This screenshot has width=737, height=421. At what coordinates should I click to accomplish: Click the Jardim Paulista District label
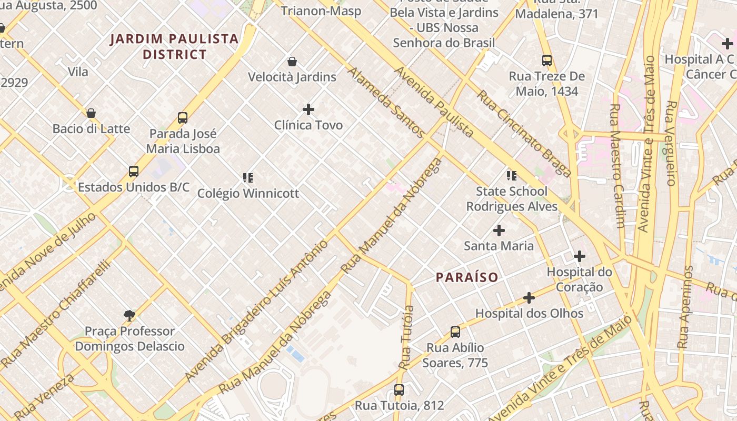[x=174, y=46]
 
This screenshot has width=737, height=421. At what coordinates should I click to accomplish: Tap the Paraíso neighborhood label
[x=467, y=277]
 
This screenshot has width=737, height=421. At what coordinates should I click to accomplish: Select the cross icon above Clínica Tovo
[x=308, y=109]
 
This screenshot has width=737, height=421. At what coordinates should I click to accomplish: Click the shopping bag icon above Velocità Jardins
[x=292, y=62]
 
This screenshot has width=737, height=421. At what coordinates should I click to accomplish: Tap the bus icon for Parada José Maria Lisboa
[x=183, y=117]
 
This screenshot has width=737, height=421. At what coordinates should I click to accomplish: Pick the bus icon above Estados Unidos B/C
[x=134, y=172]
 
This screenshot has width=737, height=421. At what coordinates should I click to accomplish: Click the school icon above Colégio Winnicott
[x=248, y=178]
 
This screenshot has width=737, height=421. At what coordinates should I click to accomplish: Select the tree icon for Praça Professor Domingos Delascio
[x=130, y=316]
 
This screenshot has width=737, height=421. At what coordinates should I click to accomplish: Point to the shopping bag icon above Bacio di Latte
[x=91, y=113]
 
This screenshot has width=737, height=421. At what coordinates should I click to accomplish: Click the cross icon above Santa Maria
[x=499, y=230]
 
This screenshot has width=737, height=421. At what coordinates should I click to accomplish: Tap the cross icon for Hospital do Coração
[x=580, y=257]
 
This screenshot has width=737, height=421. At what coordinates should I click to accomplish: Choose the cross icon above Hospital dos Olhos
[x=529, y=298]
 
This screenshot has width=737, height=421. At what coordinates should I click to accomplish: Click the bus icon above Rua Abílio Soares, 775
[x=455, y=332]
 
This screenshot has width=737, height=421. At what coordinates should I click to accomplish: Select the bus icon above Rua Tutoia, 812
[x=399, y=390]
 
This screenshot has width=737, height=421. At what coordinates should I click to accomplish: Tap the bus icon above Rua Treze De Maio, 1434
[x=547, y=61]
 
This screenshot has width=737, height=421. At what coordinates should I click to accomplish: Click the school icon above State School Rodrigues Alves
[x=512, y=176]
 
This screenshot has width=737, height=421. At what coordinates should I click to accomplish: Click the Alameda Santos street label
[x=385, y=102]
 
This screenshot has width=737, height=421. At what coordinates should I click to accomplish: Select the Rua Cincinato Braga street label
[x=524, y=133]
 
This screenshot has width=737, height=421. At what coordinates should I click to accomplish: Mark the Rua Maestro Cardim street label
[x=616, y=166]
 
